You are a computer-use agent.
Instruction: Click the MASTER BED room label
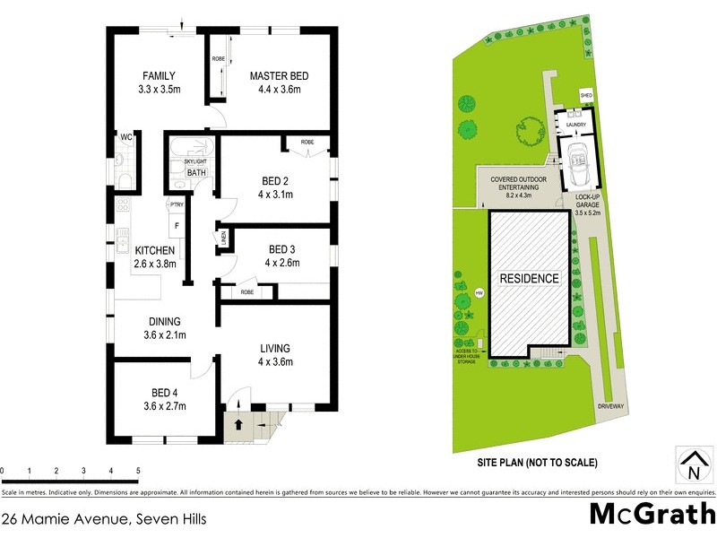(x=274, y=75)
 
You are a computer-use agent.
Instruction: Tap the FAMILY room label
(x=158, y=75)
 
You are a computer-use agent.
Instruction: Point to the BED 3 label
(x=283, y=249)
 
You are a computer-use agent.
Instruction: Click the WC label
(x=126, y=137)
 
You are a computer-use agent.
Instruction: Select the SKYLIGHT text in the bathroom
(x=195, y=161)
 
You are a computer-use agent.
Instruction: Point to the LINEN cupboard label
(x=223, y=237)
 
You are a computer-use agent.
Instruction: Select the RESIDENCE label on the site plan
(x=529, y=278)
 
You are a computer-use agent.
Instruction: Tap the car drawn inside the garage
(x=574, y=162)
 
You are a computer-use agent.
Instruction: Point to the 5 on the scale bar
(x=138, y=470)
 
